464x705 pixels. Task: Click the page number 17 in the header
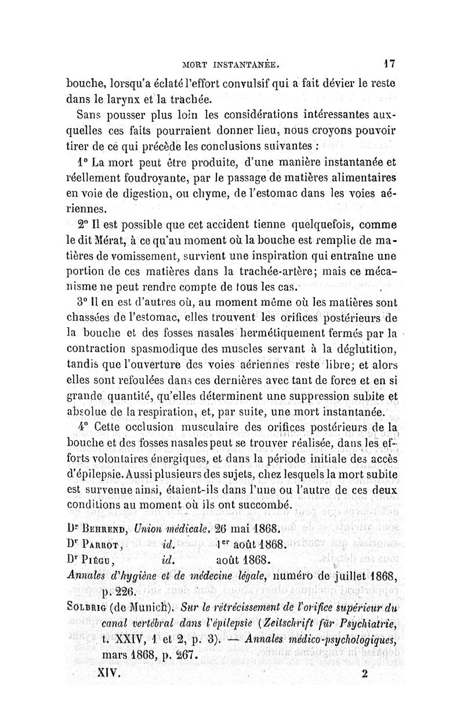[x=392, y=60]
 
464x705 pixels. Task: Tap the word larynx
[x=119, y=98]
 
